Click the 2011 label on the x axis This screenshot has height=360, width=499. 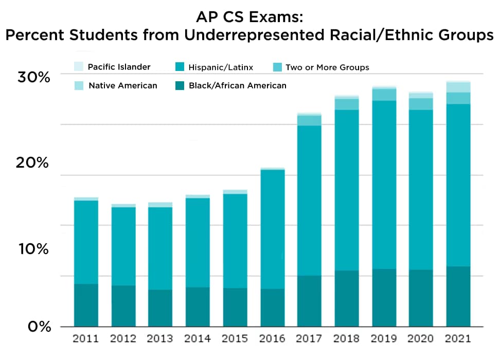(86, 339)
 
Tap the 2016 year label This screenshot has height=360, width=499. (273, 339)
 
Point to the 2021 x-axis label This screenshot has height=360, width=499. (458, 339)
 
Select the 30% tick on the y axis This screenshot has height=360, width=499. (33, 78)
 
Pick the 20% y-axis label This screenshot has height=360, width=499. (33, 163)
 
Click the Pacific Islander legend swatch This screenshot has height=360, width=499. (78, 67)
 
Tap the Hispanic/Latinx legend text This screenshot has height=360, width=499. (220, 67)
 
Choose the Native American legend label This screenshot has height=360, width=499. (122, 85)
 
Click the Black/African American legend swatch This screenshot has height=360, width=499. (180, 85)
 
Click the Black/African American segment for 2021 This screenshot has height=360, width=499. (458, 296)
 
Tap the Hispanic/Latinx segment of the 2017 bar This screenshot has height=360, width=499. (309, 201)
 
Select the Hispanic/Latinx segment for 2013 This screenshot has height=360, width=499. (160, 248)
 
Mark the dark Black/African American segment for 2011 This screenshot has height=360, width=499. (86, 305)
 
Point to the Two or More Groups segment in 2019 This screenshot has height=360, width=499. (384, 95)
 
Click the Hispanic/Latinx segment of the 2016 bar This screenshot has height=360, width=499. (273, 229)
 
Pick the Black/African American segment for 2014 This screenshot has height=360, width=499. (198, 307)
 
